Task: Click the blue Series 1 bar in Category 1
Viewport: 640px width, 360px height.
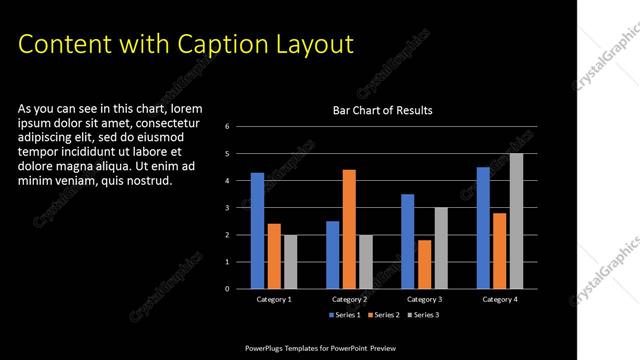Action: pos(257,231)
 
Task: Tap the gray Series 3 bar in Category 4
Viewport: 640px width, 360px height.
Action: pos(516,221)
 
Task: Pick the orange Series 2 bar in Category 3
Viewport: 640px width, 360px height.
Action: pos(424,264)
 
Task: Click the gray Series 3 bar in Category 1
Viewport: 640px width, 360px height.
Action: pos(290,262)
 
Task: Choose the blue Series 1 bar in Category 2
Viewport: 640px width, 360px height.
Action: pos(332,255)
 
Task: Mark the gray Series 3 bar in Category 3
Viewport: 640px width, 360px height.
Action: pos(441,248)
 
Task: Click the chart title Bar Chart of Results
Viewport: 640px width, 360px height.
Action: pos(382,111)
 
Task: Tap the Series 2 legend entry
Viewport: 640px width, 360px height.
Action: pos(384,315)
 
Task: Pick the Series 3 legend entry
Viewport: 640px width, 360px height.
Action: pos(425,315)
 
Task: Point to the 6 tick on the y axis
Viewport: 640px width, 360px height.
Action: pos(228,126)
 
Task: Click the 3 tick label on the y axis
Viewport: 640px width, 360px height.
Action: pos(228,208)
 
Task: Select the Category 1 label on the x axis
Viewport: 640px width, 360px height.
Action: pos(274,299)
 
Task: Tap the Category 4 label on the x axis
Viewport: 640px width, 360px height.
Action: pos(499,299)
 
